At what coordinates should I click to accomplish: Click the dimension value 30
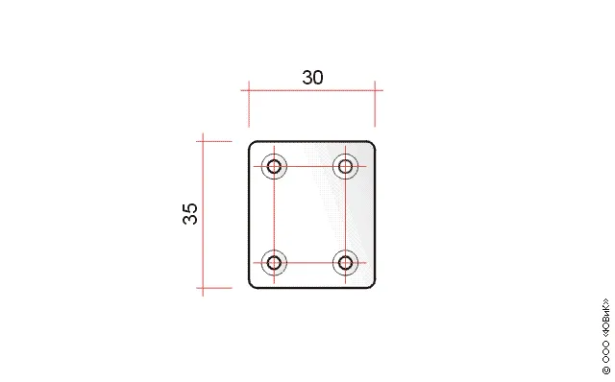click(x=312, y=78)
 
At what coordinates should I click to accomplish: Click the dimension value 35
click(x=190, y=213)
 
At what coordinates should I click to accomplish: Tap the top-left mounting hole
click(x=274, y=166)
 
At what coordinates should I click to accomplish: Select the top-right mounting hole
click(x=345, y=166)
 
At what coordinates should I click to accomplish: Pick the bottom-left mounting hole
click(x=274, y=262)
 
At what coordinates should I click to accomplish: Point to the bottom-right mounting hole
click(x=345, y=262)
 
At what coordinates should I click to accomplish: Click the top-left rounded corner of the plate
click(x=251, y=144)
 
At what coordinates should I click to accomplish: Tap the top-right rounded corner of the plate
click(x=373, y=144)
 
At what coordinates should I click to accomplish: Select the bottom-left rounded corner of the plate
click(x=251, y=286)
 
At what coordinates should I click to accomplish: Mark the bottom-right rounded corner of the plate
click(x=373, y=286)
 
